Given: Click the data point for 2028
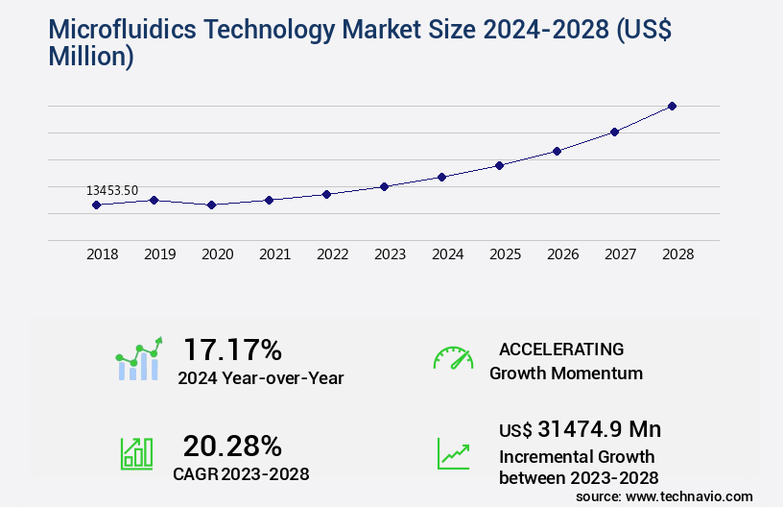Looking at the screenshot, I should (672, 106).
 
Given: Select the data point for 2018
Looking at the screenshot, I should (96, 205).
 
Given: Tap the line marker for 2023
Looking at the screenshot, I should (384, 186).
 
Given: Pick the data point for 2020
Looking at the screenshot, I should (211, 205).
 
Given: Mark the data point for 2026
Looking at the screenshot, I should (557, 151).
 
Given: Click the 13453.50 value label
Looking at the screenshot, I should (112, 190).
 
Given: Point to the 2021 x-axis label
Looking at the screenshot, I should (274, 254).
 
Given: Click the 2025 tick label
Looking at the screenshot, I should (505, 254).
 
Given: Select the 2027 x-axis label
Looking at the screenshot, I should (620, 254).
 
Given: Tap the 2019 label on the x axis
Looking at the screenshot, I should (159, 254).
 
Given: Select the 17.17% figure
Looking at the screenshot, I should (232, 349).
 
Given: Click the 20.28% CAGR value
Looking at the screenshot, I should (232, 446).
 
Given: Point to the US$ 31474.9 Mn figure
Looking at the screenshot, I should (580, 429).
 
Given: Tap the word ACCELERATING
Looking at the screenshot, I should (561, 349).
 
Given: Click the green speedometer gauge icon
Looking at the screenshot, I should (453, 358).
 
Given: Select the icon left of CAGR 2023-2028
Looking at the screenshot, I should (136, 453).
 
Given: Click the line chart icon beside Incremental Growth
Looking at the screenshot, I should (453, 453).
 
